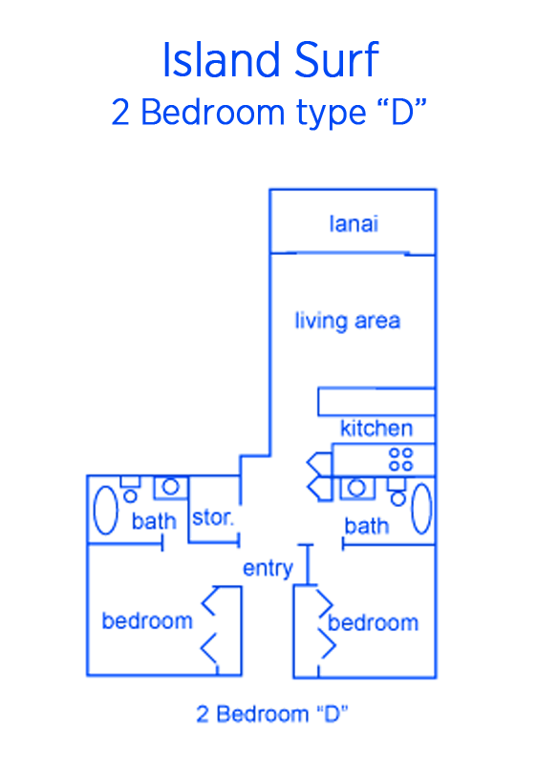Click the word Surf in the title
(337, 59)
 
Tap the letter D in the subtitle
(401, 113)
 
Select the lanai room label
(354, 223)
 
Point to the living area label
(347, 321)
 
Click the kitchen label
(376, 428)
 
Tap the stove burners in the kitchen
(400, 460)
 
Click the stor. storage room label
(212, 517)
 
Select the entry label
(268, 568)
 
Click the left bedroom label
(147, 620)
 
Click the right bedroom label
(373, 622)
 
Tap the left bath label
(154, 521)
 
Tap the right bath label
(367, 526)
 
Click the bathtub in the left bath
(105, 511)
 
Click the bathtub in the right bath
(421, 510)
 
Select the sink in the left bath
(170, 488)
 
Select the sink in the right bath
(357, 489)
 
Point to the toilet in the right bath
(397, 492)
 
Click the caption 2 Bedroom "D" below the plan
(272, 714)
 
